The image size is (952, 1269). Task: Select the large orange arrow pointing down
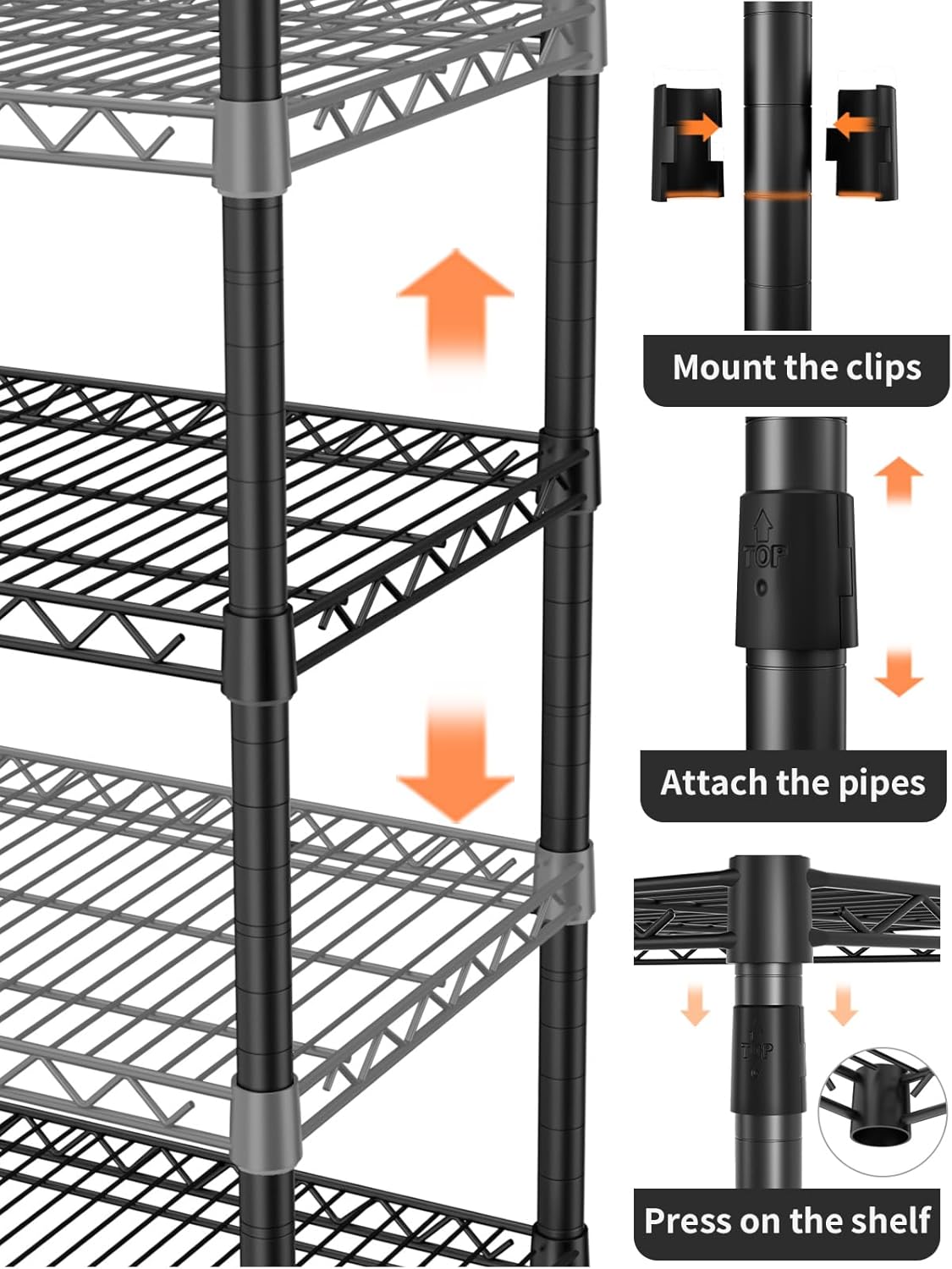point(455,761)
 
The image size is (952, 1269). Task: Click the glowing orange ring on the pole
point(777,195)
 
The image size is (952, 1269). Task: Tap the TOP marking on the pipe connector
point(765,556)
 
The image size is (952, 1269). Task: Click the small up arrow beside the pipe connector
point(898,478)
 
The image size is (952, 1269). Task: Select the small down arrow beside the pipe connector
point(898,673)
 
